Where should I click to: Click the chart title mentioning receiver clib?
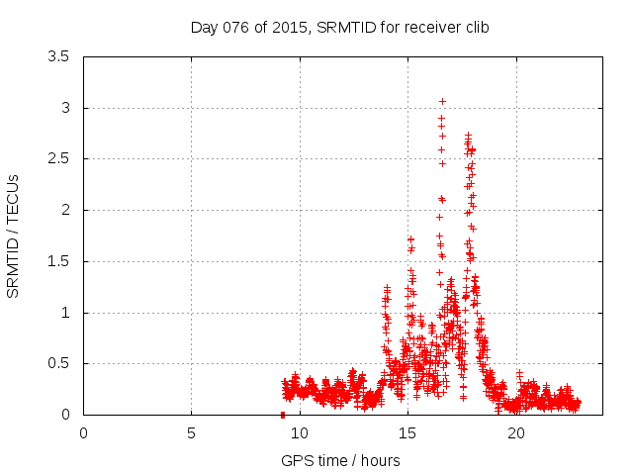tap(339, 27)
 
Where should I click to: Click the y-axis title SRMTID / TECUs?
tap(14, 236)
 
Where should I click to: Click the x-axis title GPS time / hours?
tap(339, 460)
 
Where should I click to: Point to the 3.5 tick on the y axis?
tap(59, 56)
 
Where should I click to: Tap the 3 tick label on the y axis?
tap(64, 108)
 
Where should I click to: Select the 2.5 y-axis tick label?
tap(59, 158)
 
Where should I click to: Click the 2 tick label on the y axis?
tap(64, 210)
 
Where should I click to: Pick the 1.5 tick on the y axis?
tap(59, 261)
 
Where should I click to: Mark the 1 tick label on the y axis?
tap(64, 313)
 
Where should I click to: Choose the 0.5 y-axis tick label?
tap(59, 363)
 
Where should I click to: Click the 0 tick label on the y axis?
tap(64, 415)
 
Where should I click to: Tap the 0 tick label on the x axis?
tap(83, 433)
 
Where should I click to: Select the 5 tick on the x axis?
tap(191, 433)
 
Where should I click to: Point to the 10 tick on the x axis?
tap(299, 433)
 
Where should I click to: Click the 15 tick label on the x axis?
tap(407, 433)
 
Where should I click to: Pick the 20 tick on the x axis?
tap(515, 433)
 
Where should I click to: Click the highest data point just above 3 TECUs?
tap(442, 101)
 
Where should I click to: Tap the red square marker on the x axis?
tap(283, 415)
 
